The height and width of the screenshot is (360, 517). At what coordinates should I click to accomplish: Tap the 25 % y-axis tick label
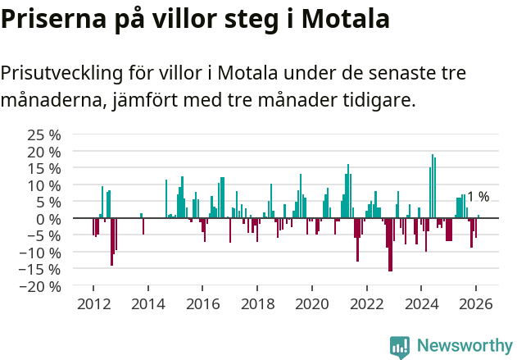point(44,134)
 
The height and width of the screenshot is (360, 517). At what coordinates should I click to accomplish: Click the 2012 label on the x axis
point(93,303)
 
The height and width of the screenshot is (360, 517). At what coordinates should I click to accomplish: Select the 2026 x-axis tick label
point(476,303)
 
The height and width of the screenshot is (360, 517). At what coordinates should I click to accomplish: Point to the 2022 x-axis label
point(367,303)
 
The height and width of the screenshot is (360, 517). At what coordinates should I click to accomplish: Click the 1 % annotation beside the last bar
point(478,197)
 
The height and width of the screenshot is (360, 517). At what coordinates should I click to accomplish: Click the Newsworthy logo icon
point(400,346)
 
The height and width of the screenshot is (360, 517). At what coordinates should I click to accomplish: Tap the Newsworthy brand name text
point(465,346)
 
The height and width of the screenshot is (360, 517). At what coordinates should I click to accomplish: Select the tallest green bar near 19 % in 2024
point(433,186)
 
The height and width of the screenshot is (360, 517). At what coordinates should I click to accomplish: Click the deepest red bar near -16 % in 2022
point(390,244)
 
